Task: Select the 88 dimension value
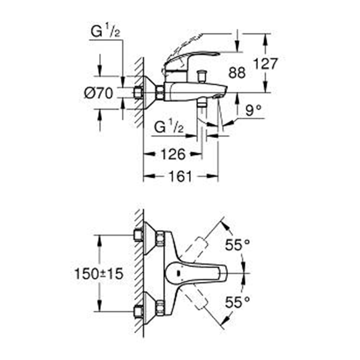[237, 73]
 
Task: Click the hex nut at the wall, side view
[160, 92]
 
